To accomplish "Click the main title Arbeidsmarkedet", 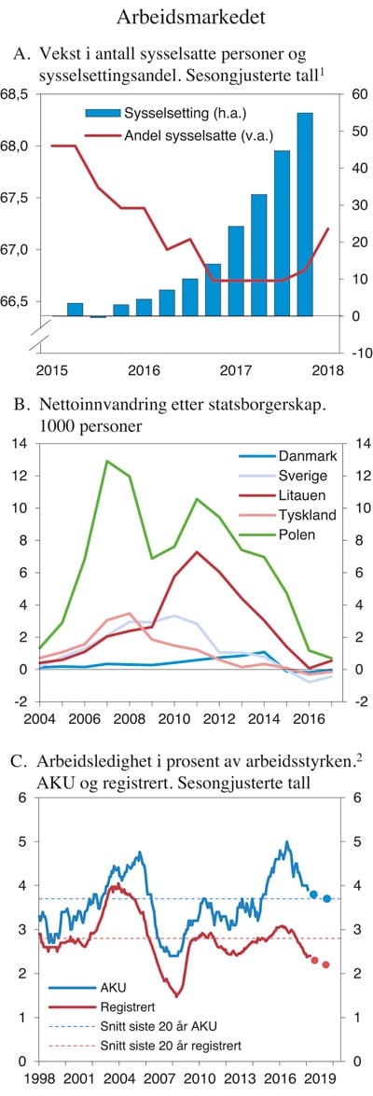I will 186,17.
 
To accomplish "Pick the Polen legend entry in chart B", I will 297,534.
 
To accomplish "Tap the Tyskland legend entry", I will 308,515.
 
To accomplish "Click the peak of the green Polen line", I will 107,461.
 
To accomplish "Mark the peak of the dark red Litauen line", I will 196,551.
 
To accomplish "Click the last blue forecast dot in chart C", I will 326,898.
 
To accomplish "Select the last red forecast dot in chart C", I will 326,964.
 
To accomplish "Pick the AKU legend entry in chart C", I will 111,987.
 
